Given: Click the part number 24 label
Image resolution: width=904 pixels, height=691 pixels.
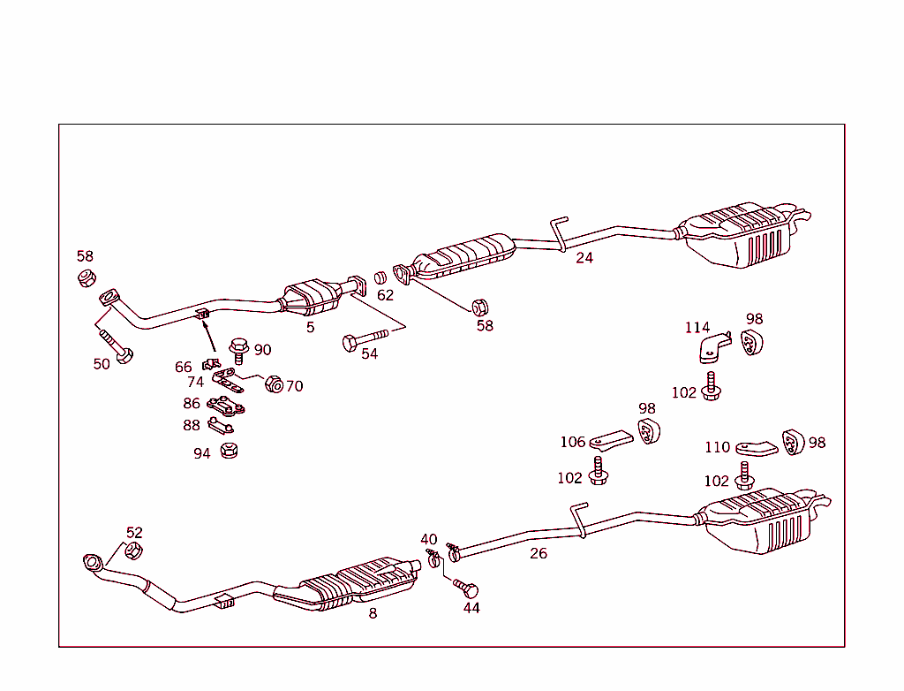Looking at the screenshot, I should [x=584, y=258].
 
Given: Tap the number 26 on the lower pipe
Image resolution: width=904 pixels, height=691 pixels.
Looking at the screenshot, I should [x=539, y=554].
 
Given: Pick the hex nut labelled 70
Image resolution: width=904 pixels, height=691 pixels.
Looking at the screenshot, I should [x=274, y=384].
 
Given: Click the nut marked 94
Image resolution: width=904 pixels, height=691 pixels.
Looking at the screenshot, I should [x=229, y=451].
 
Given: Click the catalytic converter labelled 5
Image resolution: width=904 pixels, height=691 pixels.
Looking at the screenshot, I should [x=311, y=295].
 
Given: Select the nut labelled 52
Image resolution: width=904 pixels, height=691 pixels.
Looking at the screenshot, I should [x=132, y=551].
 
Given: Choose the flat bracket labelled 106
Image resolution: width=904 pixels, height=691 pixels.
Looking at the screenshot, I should [x=612, y=438].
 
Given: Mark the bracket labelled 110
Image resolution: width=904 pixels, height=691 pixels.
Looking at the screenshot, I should [x=756, y=447].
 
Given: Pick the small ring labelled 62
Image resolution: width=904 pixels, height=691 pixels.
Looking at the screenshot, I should [x=380, y=277].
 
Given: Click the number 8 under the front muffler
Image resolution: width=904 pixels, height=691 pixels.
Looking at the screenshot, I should [x=373, y=613].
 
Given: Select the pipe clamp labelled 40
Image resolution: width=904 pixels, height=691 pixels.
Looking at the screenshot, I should [x=433, y=557].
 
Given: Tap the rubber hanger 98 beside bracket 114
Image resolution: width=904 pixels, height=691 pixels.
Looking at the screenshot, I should [x=751, y=343].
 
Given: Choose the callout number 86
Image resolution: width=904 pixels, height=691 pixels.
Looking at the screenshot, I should [x=192, y=404].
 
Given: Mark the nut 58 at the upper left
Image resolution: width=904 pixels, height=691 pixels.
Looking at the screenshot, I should [x=86, y=279].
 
